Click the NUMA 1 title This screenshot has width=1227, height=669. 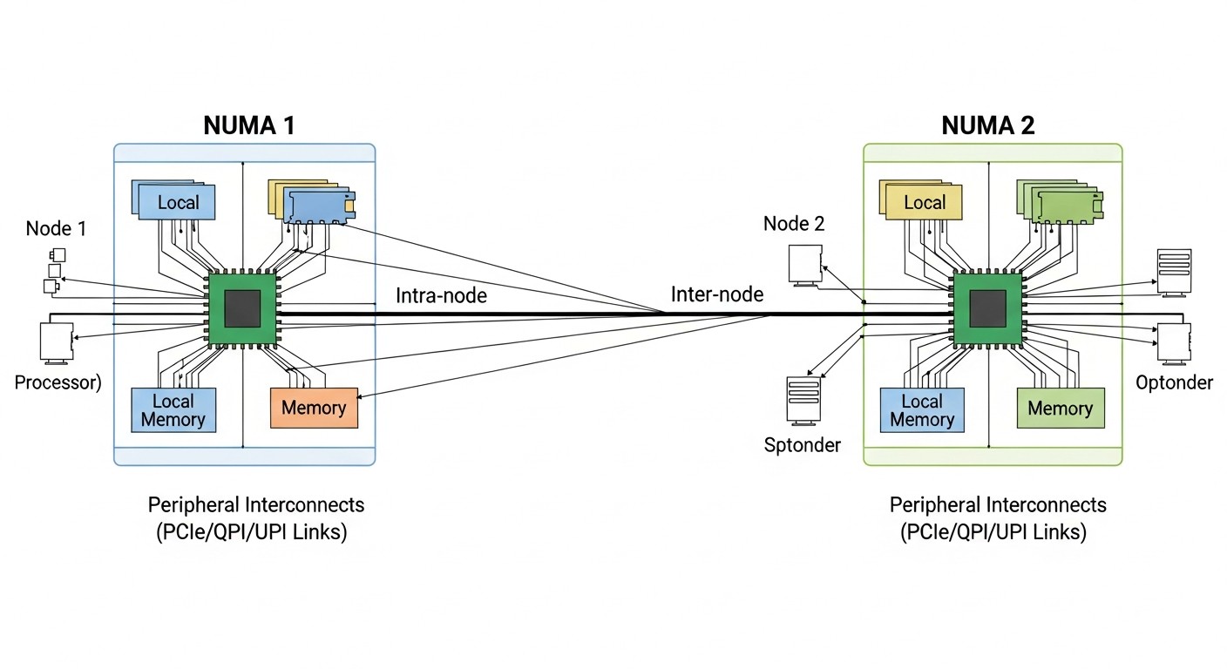(x=248, y=125)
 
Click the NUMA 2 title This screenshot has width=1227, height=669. (x=988, y=125)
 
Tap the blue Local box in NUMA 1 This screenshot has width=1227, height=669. (x=178, y=203)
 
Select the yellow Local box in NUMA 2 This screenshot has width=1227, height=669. (x=925, y=203)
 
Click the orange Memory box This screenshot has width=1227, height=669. (x=314, y=408)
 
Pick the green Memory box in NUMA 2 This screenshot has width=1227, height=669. (x=1060, y=409)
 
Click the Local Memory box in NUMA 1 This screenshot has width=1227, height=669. (x=173, y=410)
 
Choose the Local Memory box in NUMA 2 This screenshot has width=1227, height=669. (x=922, y=410)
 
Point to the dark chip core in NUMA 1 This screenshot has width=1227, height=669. (x=243, y=308)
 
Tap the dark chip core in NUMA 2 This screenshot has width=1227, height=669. (x=987, y=308)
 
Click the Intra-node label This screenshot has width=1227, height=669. (x=441, y=295)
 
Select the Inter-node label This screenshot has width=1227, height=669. (x=716, y=294)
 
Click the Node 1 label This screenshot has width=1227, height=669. (x=56, y=228)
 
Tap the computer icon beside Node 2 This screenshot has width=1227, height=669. (x=804, y=263)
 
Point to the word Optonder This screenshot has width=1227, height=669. (x=1174, y=382)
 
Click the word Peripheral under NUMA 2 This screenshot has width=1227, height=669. (x=934, y=505)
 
